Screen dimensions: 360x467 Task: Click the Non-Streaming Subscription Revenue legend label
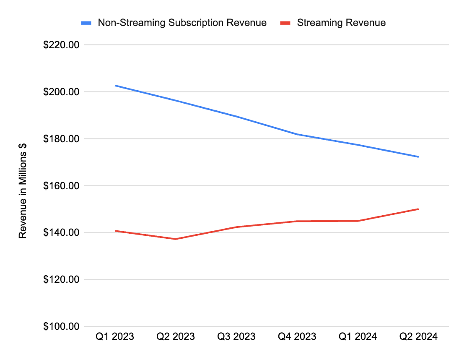tap(182, 23)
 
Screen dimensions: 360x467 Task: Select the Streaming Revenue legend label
tap(341, 23)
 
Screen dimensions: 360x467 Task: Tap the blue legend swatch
tap(86, 23)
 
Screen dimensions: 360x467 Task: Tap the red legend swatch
tap(285, 23)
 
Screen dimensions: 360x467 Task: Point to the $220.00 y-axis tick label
tap(61, 45)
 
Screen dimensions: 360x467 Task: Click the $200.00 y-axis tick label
tap(61, 92)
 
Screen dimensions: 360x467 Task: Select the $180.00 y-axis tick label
tap(61, 139)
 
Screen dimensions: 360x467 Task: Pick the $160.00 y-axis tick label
tap(61, 186)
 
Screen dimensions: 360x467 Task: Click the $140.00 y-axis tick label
tap(61, 233)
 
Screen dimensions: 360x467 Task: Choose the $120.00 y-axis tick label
tap(61, 280)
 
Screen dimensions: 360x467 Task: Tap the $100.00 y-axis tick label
tap(61, 327)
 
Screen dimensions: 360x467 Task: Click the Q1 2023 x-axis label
tap(115, 337)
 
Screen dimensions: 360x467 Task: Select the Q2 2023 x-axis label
tap(176, 337)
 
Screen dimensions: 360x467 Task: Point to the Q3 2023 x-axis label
tap(236, 337)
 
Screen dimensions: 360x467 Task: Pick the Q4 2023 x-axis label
tap(297, 337)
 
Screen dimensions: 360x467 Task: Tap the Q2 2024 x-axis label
tap(418, 337)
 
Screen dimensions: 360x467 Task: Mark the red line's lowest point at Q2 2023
tap(176, 239)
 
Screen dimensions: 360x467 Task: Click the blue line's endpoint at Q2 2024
tap(418, 157)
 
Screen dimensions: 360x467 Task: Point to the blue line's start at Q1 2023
tap(115, 86)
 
